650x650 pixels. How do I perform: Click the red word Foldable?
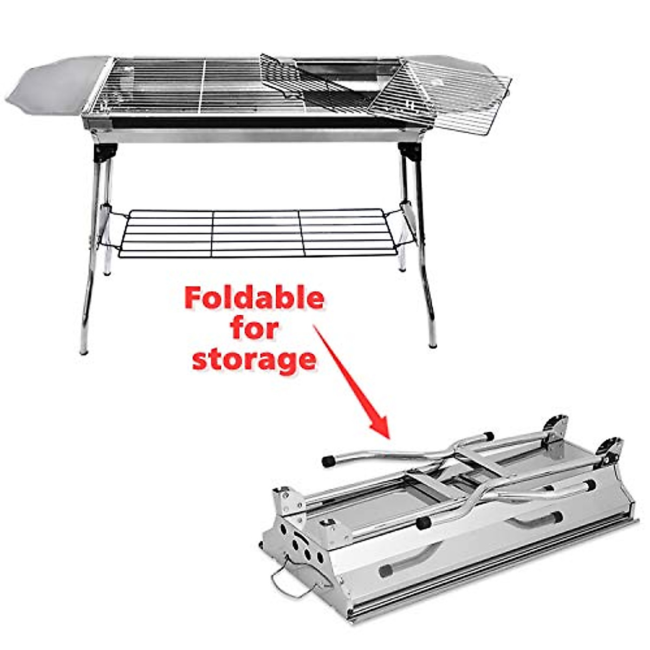click(x=254, y=298)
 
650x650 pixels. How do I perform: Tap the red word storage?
click(x=254, y=360)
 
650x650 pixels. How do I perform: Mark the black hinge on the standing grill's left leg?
click(x=103, y=153)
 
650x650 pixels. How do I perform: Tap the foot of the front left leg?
click(x=84, y=349)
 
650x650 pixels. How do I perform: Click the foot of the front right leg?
click(x=432, y=342)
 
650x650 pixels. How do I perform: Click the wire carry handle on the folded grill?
click(x=292, y=583)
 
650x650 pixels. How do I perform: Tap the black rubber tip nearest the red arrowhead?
click(x=328, y=461)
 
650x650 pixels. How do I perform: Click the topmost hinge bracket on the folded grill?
click(x=555, y=427)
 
